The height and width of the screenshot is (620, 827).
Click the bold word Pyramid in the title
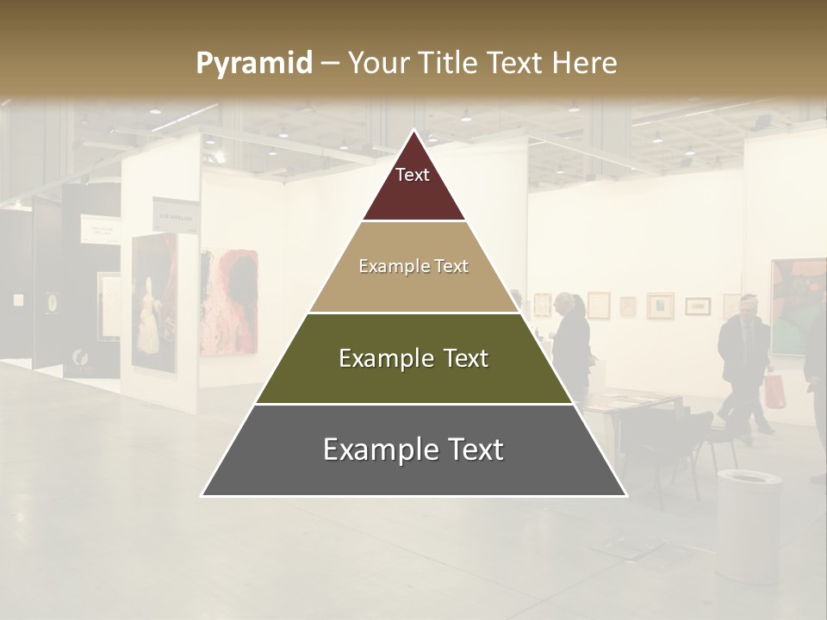click(x=253, y=64)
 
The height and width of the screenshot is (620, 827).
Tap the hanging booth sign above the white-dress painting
click(x=176, y=214)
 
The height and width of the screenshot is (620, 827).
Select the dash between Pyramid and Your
click(x=330, y=64)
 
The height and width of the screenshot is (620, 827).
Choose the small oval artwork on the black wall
click(x=53, y=302)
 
